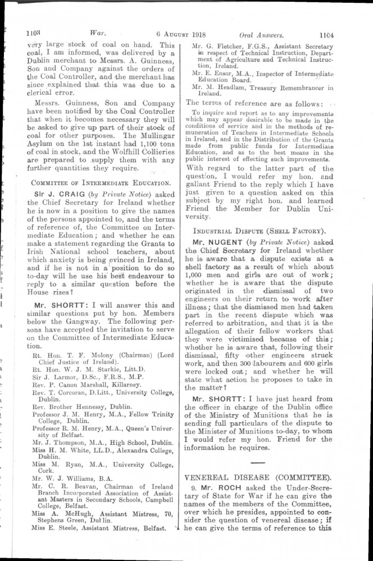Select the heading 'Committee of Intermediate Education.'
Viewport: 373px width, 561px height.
(101, 182)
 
